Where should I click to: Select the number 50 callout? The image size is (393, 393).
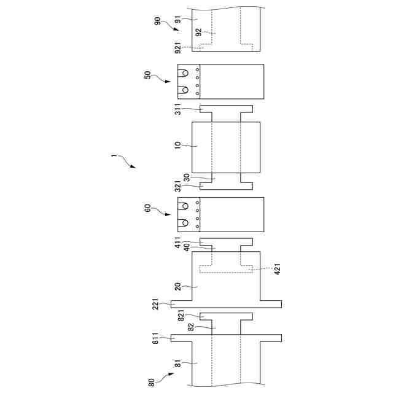click(x=147, y=76)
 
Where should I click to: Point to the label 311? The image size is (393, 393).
click(x=178, y=109)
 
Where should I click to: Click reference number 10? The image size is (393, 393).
click(x=178, y=146)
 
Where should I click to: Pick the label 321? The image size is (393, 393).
click(x=178, y=186)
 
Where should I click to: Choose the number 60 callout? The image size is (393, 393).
click(x=147, y=209)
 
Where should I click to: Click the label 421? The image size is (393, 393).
click(x=278, y=268)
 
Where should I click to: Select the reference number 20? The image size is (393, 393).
click(x=178, y=286)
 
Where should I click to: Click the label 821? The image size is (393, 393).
click(x=182, y=316)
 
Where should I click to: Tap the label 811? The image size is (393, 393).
click(x=156, y=337)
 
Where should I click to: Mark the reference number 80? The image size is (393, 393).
click(x=151, y=381)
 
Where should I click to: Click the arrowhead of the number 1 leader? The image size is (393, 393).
click(x=133, y=166)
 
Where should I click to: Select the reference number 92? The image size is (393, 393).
click(x=198, y=33)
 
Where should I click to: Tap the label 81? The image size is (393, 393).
click(x=178, y=365)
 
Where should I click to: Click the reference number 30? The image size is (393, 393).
click(x=186, y=177)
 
